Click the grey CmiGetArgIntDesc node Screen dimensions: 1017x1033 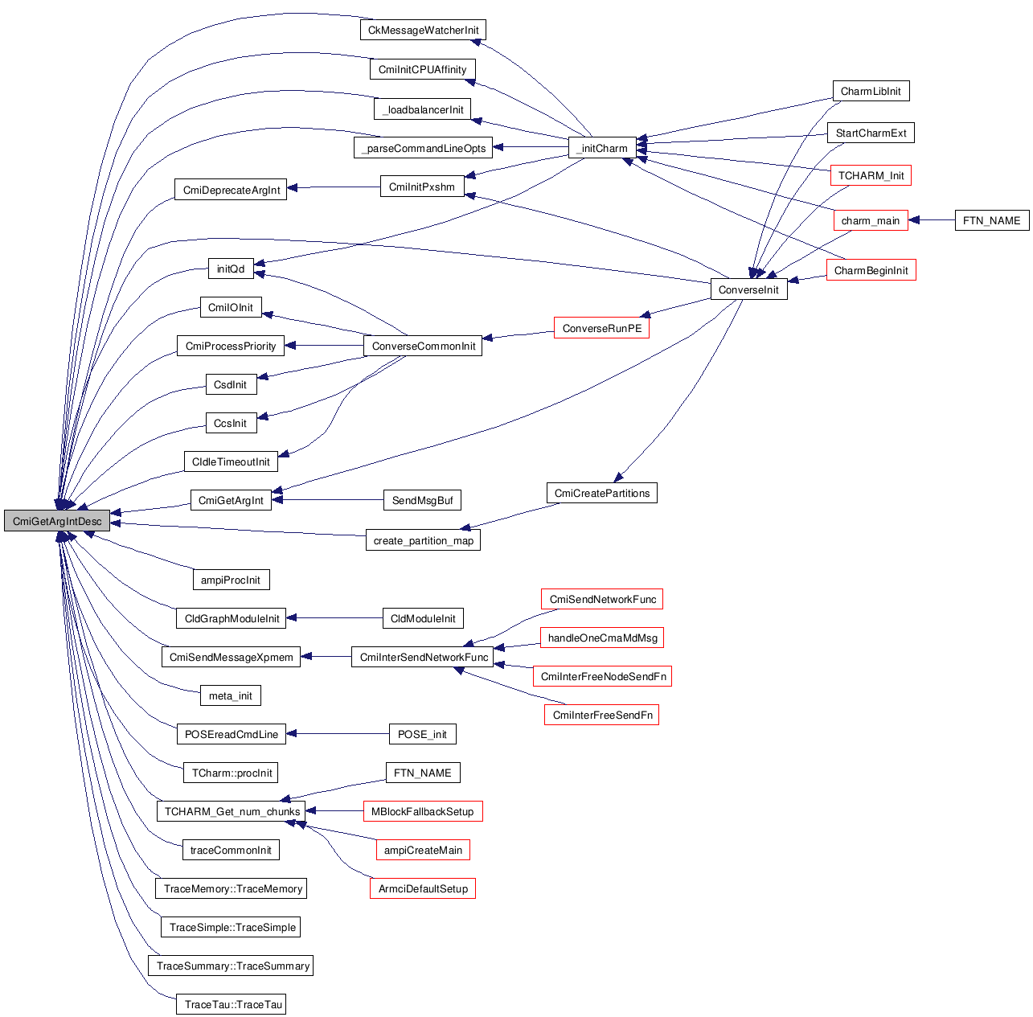coord(57,521)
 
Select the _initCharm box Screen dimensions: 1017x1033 coord(602,148)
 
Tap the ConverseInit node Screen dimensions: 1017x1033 coord(748,289)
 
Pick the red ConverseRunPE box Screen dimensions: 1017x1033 coord(601,328)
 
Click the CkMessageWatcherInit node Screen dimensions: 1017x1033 coord(423,31)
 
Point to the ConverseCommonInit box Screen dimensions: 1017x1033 coord(424,346)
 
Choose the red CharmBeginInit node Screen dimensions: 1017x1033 coord(871,270)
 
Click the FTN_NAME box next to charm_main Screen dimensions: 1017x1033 coord(991,220)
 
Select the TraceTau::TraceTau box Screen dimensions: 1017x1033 coord(233,1004)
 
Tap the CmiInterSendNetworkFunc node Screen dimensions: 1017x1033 coord(424,657)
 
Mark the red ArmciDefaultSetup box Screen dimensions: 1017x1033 coord(423,888)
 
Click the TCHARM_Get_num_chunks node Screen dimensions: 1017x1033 coord(232,811)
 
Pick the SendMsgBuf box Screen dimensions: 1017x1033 coord(422,500)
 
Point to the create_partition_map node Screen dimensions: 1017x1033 coord(423,540)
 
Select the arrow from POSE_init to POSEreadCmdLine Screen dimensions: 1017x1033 coord(338,734)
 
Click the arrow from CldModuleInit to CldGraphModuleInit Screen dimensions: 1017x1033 coord(334,618)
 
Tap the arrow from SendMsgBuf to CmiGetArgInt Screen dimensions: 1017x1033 coord(328,500)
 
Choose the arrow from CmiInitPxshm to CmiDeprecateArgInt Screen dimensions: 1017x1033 coord(333,187)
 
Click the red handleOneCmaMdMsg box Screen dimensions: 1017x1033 coord(602,638)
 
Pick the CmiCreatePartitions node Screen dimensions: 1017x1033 coord(601,493)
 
